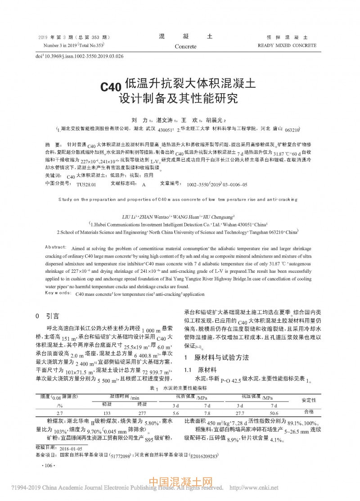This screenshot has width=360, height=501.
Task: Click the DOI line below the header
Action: [79, 56]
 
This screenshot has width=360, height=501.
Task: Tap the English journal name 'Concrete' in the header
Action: [185, 47]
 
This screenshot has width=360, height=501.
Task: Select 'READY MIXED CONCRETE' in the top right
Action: [287, 45]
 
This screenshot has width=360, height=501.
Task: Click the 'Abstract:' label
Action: [57, 248]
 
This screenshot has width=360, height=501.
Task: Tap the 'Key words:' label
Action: [56, 293]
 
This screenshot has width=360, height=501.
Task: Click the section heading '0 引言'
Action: [47, 316]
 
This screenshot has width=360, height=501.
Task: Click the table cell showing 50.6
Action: [274, 412]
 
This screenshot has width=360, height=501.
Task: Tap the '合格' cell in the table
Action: [309, 411]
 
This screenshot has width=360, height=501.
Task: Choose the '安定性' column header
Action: [309, 400]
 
